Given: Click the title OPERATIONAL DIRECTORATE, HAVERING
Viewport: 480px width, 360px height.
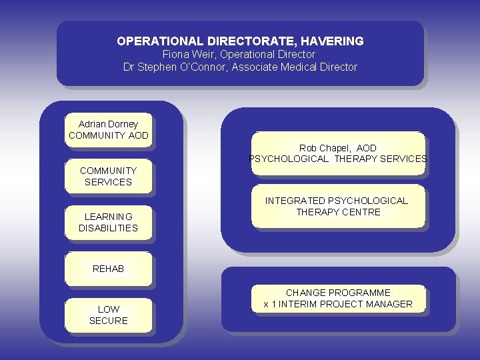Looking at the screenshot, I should pyautogui.click(x=240, y=41).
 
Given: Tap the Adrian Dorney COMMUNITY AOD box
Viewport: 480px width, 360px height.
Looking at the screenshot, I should pyautogui.click(x=108, y=130).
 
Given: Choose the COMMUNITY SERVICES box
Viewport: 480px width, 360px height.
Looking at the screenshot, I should pyautogui.click(x=108, y=177).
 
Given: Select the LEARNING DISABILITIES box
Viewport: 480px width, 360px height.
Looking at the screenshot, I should pyautogui.click(x=108, y=223).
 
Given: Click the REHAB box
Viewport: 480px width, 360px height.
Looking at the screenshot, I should pyautogui.click(x=108, y=269).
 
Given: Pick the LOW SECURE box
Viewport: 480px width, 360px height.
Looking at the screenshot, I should pyautogui.click(x=108, y=315).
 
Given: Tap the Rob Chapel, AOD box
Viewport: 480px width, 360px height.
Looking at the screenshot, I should pyautogui.click(x=337, y=153).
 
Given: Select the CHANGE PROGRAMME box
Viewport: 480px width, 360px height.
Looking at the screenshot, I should pyautogui.click(x=338, y=298).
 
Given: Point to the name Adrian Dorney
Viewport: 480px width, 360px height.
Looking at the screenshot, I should pyautogui.click(x=108, y=124).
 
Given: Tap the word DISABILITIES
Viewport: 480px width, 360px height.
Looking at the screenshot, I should pyautogui.click(x=108, y=228).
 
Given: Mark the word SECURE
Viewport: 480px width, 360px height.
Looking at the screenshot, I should pyautogui.click(x=108, y=321).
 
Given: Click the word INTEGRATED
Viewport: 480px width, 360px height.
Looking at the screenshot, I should pyautogui.click(x=294, y=201).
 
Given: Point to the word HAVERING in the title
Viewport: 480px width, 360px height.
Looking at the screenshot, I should pyautogui.click(x=333, y=41).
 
